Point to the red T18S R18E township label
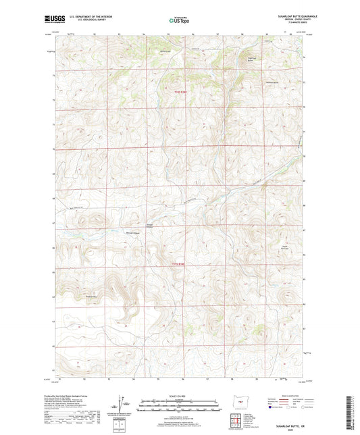click(x=178, y=93)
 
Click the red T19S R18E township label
click(x=178, y=264)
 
